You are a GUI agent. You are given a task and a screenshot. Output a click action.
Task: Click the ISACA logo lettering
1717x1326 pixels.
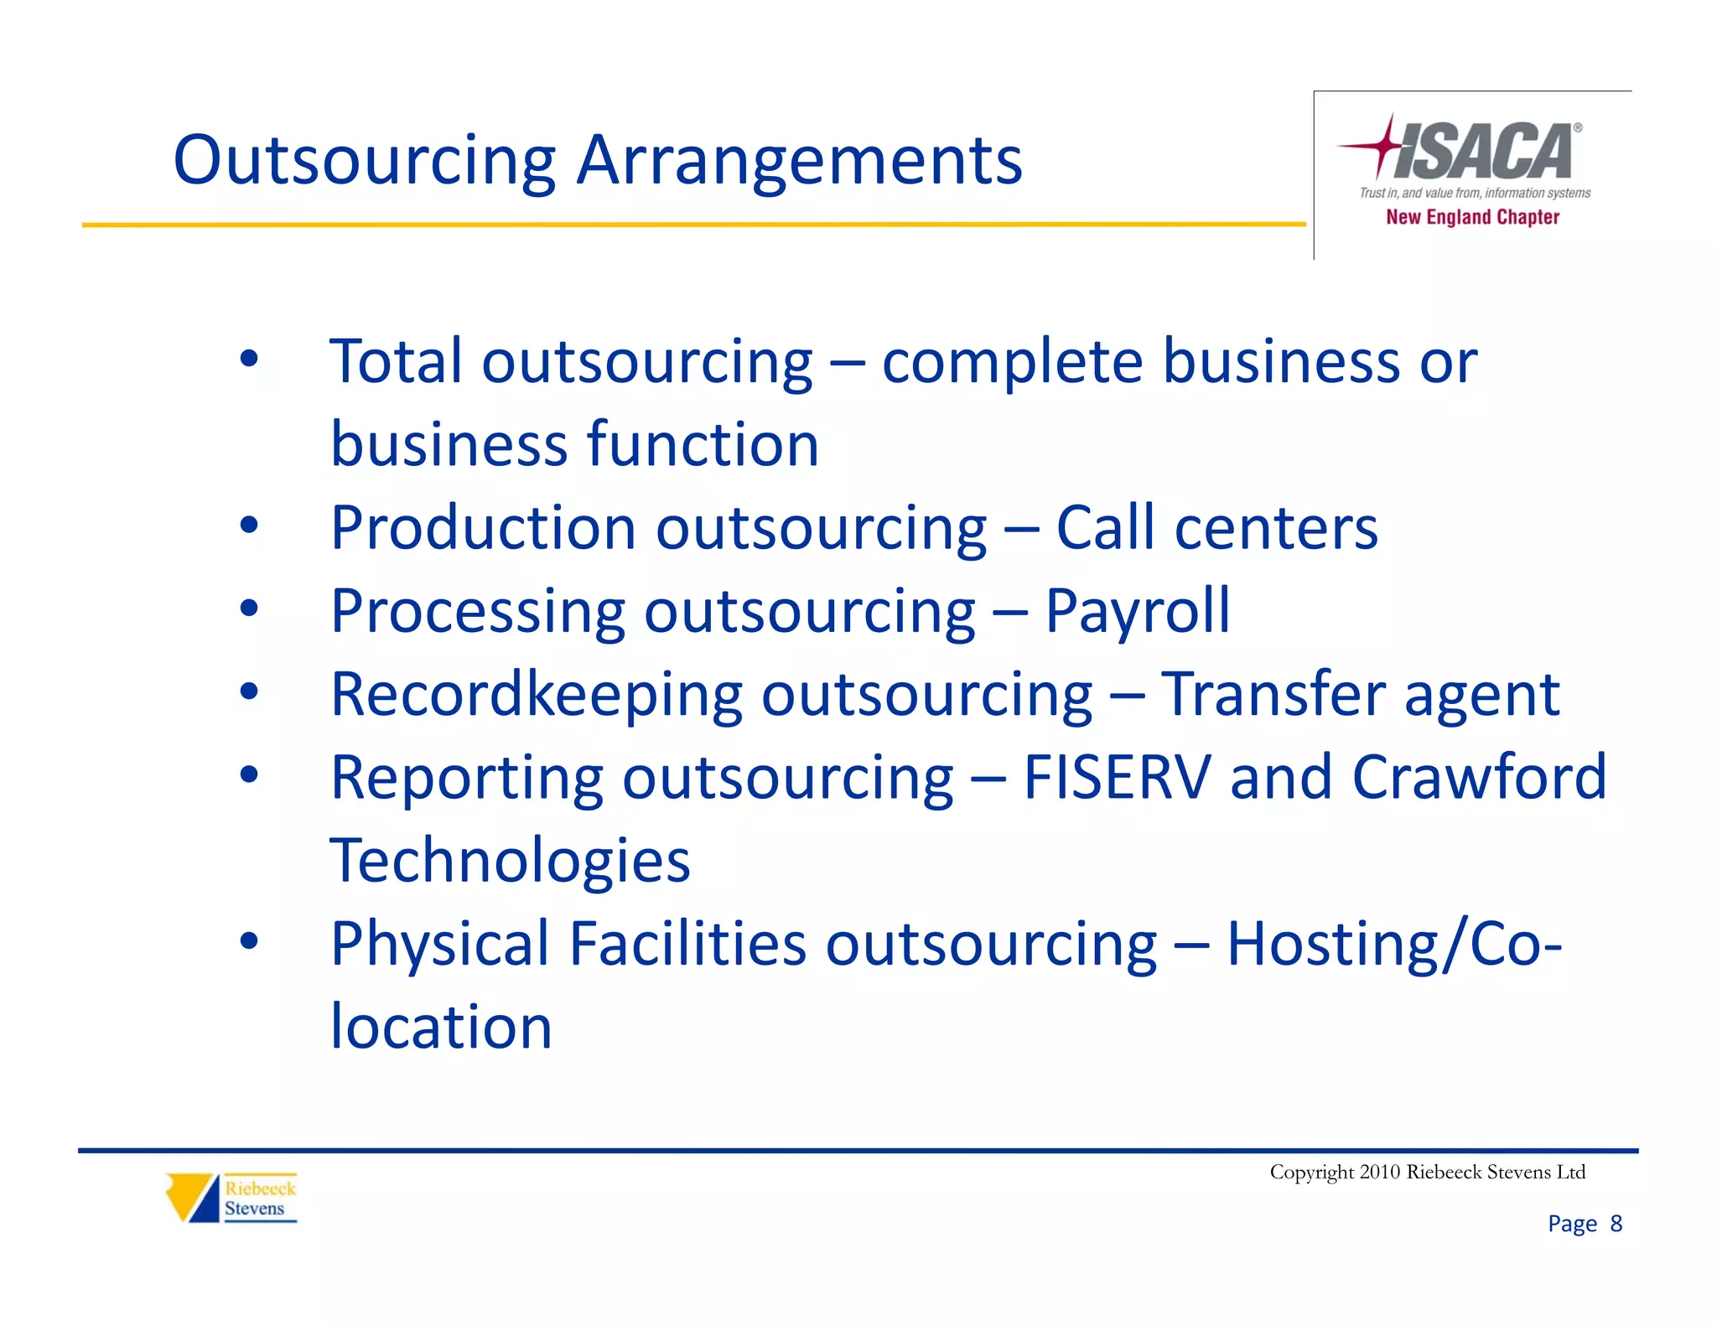[1482, 151]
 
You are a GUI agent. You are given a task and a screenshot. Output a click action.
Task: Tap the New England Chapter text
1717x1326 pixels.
[1472, 217]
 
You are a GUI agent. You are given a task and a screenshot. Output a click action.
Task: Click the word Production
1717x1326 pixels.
[483, 528]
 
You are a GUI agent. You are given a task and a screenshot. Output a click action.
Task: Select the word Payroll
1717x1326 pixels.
[1137, 612]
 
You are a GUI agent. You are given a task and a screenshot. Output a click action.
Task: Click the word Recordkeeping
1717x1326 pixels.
[537, 696]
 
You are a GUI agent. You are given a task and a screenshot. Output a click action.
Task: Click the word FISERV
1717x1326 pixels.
[1117, 777]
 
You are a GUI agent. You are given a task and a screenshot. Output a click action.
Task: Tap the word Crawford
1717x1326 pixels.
[1479, 777]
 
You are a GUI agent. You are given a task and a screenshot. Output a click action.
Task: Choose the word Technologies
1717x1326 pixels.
[510, 862]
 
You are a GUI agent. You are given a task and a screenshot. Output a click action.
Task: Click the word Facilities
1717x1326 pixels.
[687, 944]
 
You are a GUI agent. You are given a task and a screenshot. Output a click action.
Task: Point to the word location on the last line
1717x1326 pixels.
[441, 1027]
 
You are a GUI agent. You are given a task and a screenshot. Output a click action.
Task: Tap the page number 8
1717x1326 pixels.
[1616, 1224]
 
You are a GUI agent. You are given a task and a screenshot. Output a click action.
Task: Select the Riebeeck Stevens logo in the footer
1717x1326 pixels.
[231, 1198]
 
